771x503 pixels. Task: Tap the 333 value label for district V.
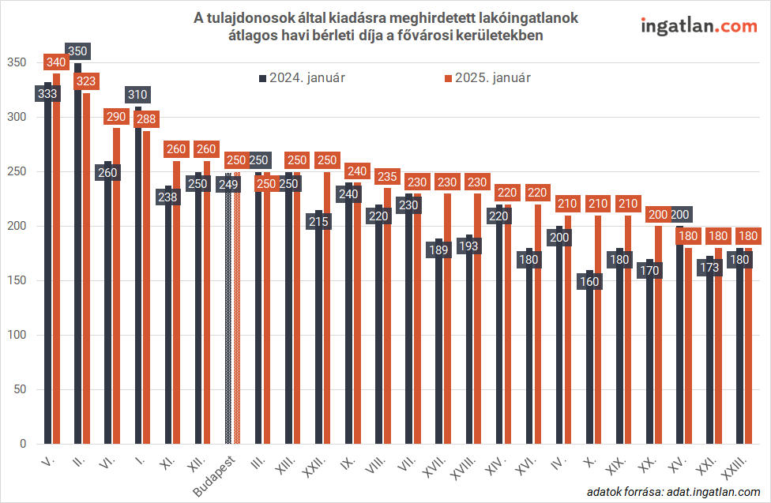coord(47,93)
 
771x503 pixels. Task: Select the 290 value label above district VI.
coord(115,117)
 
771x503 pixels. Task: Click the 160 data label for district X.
coord(589,280)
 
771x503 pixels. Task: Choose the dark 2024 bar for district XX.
coord(650,355)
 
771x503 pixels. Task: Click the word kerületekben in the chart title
coord(504,36)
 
